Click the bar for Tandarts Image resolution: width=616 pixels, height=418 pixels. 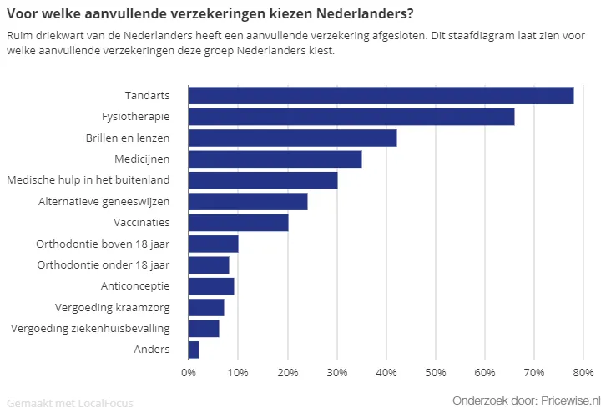click(381, 95)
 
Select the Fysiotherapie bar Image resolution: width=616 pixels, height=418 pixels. click(351, 116)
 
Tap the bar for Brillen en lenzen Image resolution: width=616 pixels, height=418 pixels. click(292, 138)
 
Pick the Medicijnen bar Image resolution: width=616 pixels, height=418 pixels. click(275, 159)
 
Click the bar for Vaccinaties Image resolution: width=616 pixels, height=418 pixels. click(238, 223)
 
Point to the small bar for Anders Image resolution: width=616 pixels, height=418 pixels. click(194, 350)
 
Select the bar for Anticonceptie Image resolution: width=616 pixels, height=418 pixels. click(211, 286)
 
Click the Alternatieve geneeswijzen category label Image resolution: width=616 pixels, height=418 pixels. click(104, 201)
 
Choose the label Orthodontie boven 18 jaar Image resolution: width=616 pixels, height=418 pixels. click(103, 244)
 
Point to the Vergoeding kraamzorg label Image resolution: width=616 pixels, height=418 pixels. click(112, 307)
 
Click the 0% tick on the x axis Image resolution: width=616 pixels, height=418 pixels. click(189, 372)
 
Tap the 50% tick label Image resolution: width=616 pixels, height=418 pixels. click(435, 372)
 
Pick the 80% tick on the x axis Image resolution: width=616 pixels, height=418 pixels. click(583, 372)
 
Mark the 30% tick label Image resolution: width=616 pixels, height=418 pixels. click(336, 372)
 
